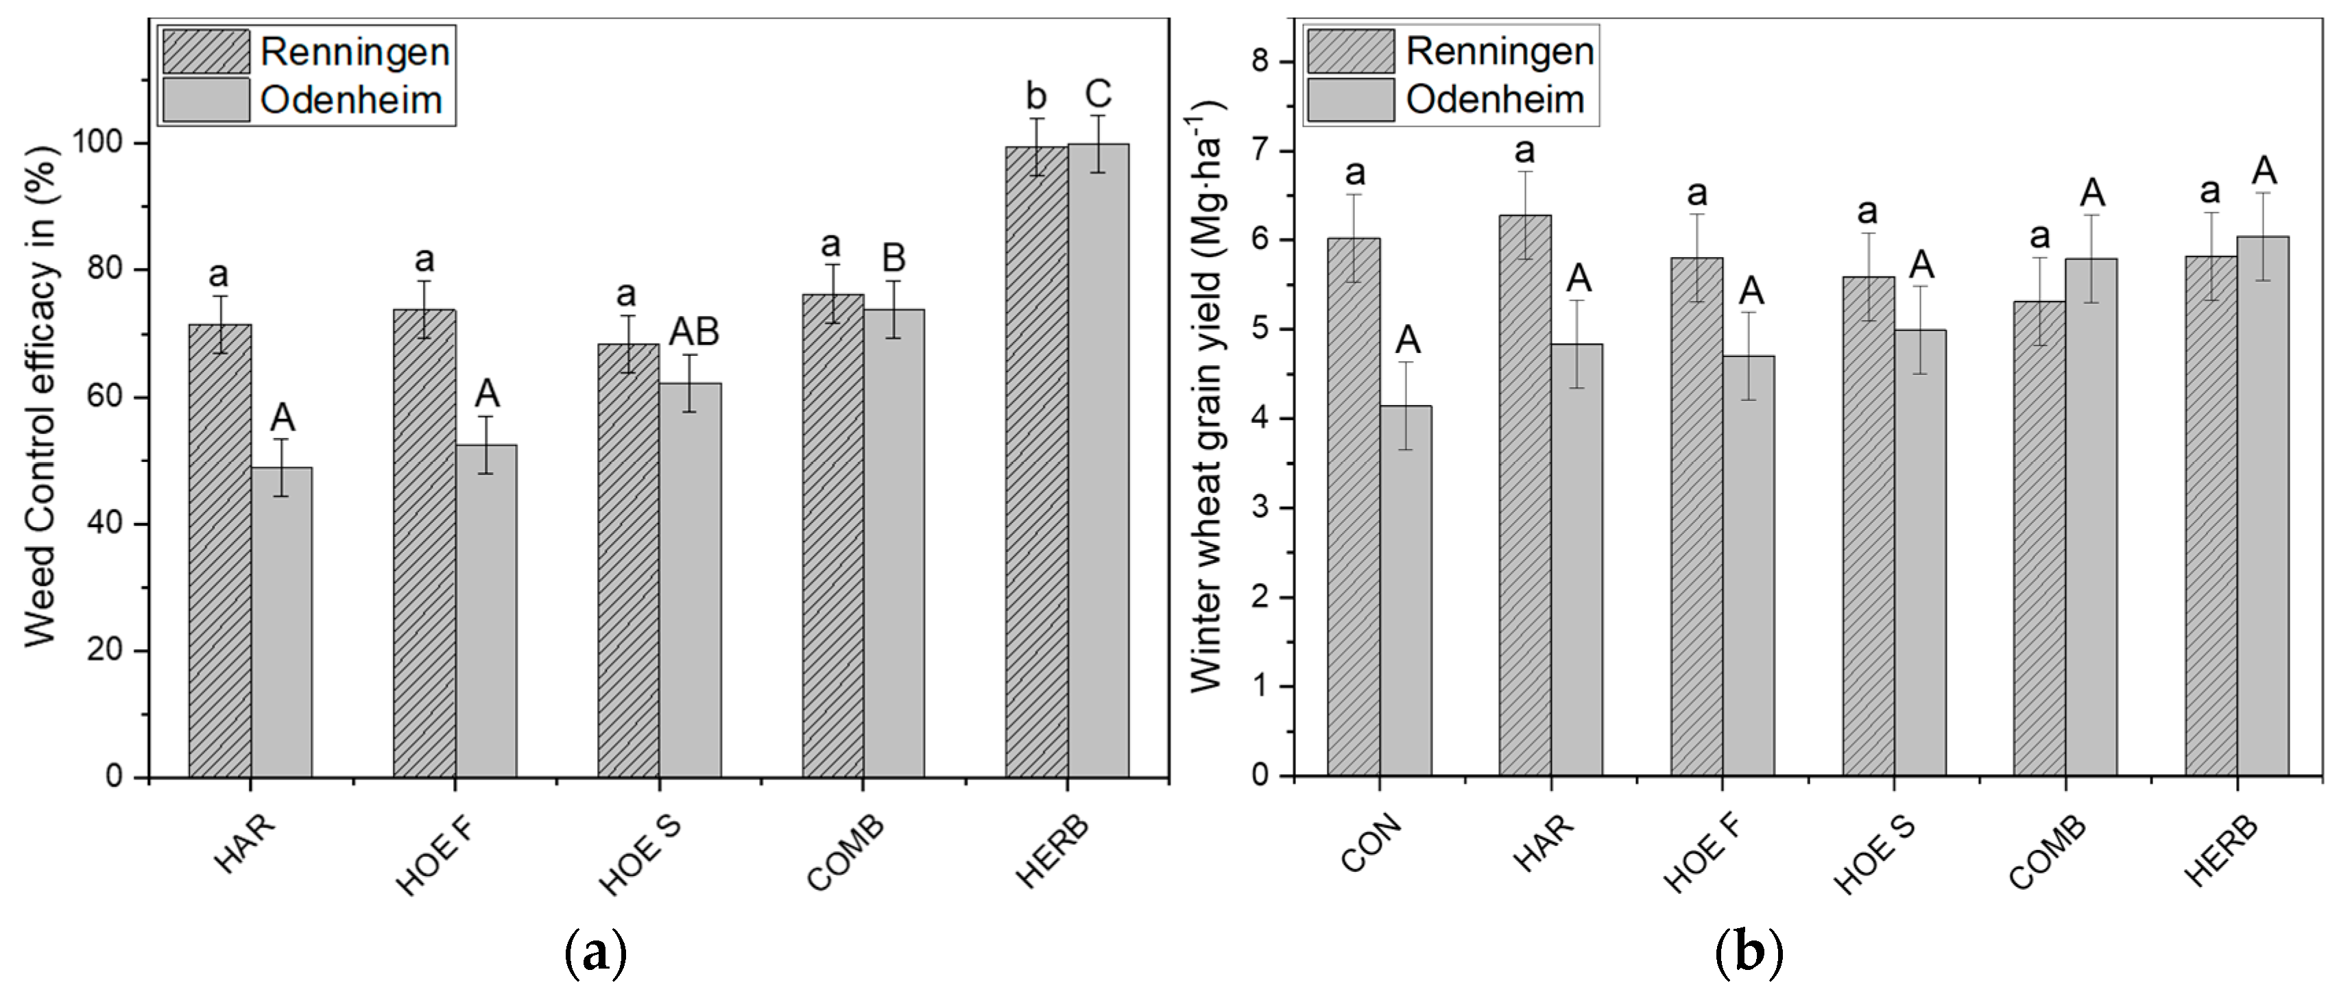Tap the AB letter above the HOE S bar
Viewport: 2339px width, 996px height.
click(x=694, y=333)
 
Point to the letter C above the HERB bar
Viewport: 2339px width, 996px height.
click(x=1098, y=95)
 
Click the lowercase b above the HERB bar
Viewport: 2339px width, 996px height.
click(x=1036, y=95)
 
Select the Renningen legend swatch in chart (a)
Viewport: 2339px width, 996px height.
click(x=206, y=51)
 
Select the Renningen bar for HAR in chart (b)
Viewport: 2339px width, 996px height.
click(x=1526, y=495)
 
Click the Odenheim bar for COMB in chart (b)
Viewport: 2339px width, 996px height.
click(x=2092, y=517)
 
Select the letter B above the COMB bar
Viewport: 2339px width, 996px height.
click(x=893, y=258)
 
